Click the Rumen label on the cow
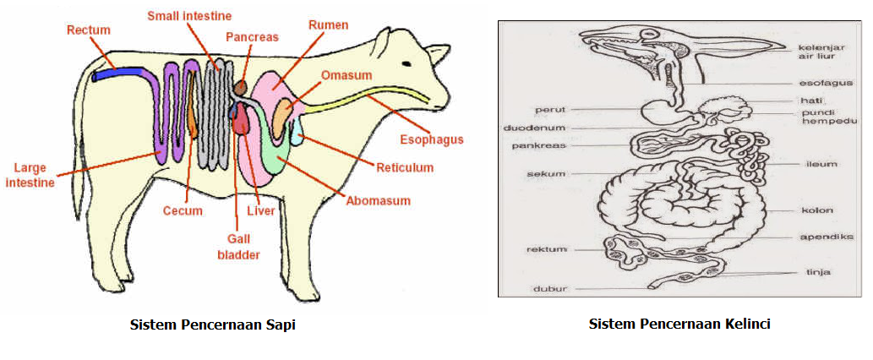click(x=329, y=25)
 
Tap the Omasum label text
click(x=346, y=75)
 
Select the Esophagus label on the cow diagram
click(x=430, y=139)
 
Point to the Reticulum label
click(x=405, y=167)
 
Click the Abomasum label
click(x=379, y=201)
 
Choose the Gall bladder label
click(x=237, y=246)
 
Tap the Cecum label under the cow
click(x=183, y=210)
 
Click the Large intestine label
click(x=32, y=174)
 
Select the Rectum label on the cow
click(x=89, y=30)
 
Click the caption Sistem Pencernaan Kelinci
click(x=679, y=324)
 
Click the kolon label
click(x=816, y=210)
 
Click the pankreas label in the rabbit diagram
click(x=538, y=145)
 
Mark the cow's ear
click(x=437, y=52)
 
